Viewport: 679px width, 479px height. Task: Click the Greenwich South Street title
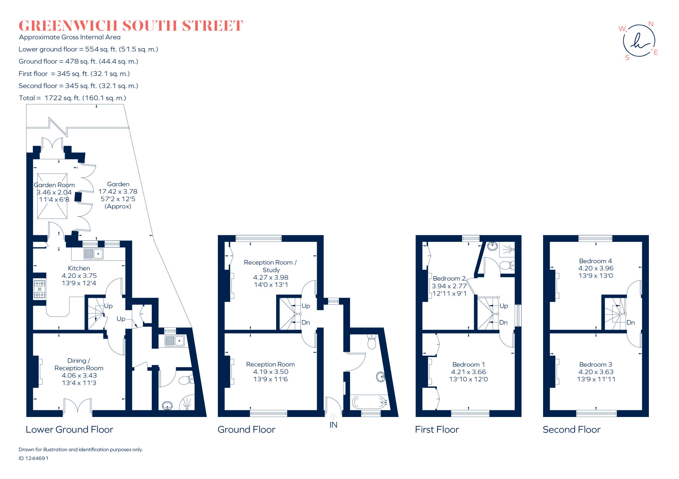[x=131, y=26]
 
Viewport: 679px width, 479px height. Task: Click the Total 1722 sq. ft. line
[x=72, y=98]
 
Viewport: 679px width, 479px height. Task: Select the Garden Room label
[x=54, y=185]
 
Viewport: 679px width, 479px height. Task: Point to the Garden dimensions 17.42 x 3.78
[x=118, y=191]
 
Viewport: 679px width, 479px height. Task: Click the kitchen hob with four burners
[x=39, y=289]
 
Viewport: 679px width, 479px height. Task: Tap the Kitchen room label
[x=79, y=268]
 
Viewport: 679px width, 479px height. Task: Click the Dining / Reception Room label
[x=79, y=364]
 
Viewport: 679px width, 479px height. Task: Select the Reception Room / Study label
[x=270, y=266]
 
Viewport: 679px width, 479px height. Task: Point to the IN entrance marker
[x=333, y=425]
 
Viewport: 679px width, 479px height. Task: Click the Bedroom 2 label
[x=449, y=278]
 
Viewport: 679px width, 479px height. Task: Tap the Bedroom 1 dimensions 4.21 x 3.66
[x=468, y=372]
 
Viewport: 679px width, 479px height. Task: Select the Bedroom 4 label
[x=595, y=261]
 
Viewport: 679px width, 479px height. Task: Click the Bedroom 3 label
[x=595, y=365]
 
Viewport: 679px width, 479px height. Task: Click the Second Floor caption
[x=572, y=430]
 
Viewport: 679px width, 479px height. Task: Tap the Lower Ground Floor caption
[x=69, y=430]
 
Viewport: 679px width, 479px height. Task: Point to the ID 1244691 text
[x=33, y=458]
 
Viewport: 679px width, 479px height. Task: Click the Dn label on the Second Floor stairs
[x=631, y=322]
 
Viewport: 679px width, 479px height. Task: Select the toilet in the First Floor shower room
[x=506, y=265]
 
